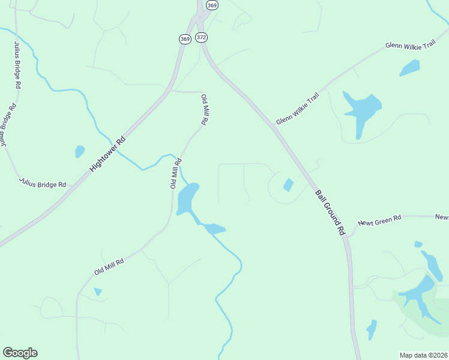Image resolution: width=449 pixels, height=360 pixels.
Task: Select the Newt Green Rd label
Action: pyautogui.click(x=379, y=221)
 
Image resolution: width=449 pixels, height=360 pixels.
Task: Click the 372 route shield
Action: pyautogui.click(x=201, y=37)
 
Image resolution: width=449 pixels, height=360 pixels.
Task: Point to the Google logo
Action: pyautogui.click(x=20, y=353)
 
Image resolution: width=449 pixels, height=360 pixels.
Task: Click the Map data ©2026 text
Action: pyautogui.click(x=423, y=355)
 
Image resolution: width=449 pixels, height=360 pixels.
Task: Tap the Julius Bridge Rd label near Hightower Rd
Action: pyautogui.click(x=42, y=182)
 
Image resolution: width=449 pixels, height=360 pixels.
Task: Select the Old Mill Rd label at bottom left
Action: pyautogui.click(x=109, y=266)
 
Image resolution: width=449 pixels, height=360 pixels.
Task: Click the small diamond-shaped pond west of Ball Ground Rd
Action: pyautogui.click(x=288, y=185)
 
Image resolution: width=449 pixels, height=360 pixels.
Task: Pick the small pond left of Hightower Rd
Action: pyautogui.click(x=79, y=151)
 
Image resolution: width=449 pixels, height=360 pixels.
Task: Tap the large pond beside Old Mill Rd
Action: pyautogui.click(x=187, y=198)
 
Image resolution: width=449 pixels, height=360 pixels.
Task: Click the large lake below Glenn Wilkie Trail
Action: pyautogui.click(x=360, y=111)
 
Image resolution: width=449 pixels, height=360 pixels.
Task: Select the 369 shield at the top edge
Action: pyautogui.click(x=212, y=5)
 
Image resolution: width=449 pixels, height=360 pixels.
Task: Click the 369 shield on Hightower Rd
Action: pyautogui.click(x=184, y=39)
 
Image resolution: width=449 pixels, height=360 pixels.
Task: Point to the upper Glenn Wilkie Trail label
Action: pyautogui.click(x=411, y=45)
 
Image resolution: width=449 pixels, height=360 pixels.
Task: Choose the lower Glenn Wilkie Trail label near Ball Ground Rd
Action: pyautogui.click(x=298, y=109)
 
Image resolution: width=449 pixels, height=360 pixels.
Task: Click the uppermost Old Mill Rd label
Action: pyautogui.click(x=204, y=109)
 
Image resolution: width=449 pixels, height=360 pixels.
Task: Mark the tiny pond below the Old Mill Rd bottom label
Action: pyautogui.click(x=98, y=292)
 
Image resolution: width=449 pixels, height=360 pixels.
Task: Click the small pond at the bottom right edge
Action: pyautogui.click(x=372, y=329)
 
